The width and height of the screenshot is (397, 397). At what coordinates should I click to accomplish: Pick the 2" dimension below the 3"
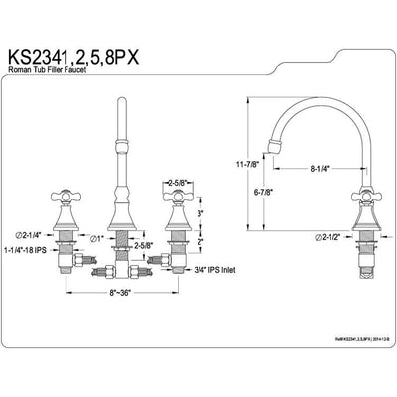201,241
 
